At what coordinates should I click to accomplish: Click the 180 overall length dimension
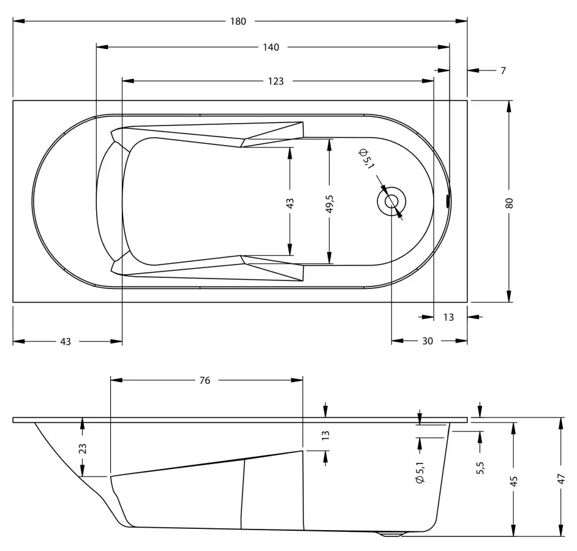tap(238, 21)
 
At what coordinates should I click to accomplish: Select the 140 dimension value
tap(271, 48)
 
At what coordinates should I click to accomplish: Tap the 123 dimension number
tap(276, 81)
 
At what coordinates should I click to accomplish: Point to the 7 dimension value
tap(503, 70)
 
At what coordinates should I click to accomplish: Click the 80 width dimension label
tap(509, 203)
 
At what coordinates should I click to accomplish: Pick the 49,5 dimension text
tap(330, 204)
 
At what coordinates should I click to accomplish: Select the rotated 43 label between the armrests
tap(290, 203)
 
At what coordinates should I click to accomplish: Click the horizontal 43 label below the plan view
tap(65, 342)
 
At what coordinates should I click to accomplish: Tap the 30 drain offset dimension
tap(427, 342)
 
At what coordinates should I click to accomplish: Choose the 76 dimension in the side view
tap(205, 380)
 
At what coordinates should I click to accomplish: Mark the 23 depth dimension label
tap(83, 448)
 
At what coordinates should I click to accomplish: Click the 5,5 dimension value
tap(480, 468)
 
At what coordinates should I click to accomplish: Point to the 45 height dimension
tap(514, 481)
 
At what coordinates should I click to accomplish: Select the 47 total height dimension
tap(560, 479)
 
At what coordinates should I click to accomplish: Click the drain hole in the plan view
tap(391, 201)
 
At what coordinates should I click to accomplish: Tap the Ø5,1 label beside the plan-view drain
tap(366, 159)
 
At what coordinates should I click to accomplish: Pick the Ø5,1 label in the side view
tap(420, 473)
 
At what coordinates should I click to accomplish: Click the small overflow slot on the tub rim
tap(448, 201)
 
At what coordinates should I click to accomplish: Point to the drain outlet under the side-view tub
tap(391, 534)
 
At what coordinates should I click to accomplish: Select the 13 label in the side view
tap(325, 436)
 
